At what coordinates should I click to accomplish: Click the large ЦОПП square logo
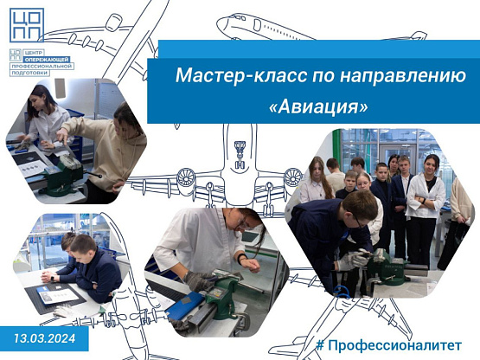click(27, 25)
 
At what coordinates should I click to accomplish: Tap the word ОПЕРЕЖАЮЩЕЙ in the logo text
click(47, 60)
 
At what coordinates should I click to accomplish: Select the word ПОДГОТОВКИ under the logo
click(29, 73)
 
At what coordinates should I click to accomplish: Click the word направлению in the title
click(403, 76)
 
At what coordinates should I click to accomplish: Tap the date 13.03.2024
click(44, 338)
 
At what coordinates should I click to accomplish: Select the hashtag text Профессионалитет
click(394, 345)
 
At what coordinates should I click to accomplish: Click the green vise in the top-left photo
click(63, 176)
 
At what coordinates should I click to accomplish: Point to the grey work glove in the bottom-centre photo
click(199, 280)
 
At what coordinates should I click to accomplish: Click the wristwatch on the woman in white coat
click(242, 257)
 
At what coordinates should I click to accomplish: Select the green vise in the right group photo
click(387, 266)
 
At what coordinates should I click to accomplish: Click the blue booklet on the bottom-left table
click(48, 290)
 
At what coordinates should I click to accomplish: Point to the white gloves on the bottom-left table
click(65, 312)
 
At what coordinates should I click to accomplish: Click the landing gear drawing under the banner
click(240, 155)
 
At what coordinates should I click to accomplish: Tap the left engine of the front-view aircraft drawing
click(186, 178)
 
